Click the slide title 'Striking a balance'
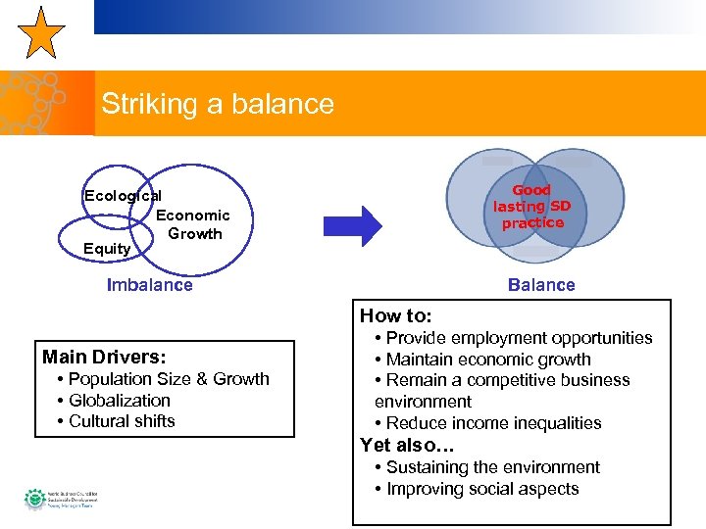pos(217,104)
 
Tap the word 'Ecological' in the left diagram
pos(123,196)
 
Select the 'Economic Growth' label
pos(193,224)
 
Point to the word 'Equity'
pos(107,249)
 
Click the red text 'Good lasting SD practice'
pos(532,207)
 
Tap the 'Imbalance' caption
pos(149,285)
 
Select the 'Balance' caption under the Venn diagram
pos(541,285)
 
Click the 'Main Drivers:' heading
pos(104,357)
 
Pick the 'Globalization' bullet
pos(119,401)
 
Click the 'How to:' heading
pos(395,315)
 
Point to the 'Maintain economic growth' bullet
pos(487,360)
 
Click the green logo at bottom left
pos(34,499)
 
